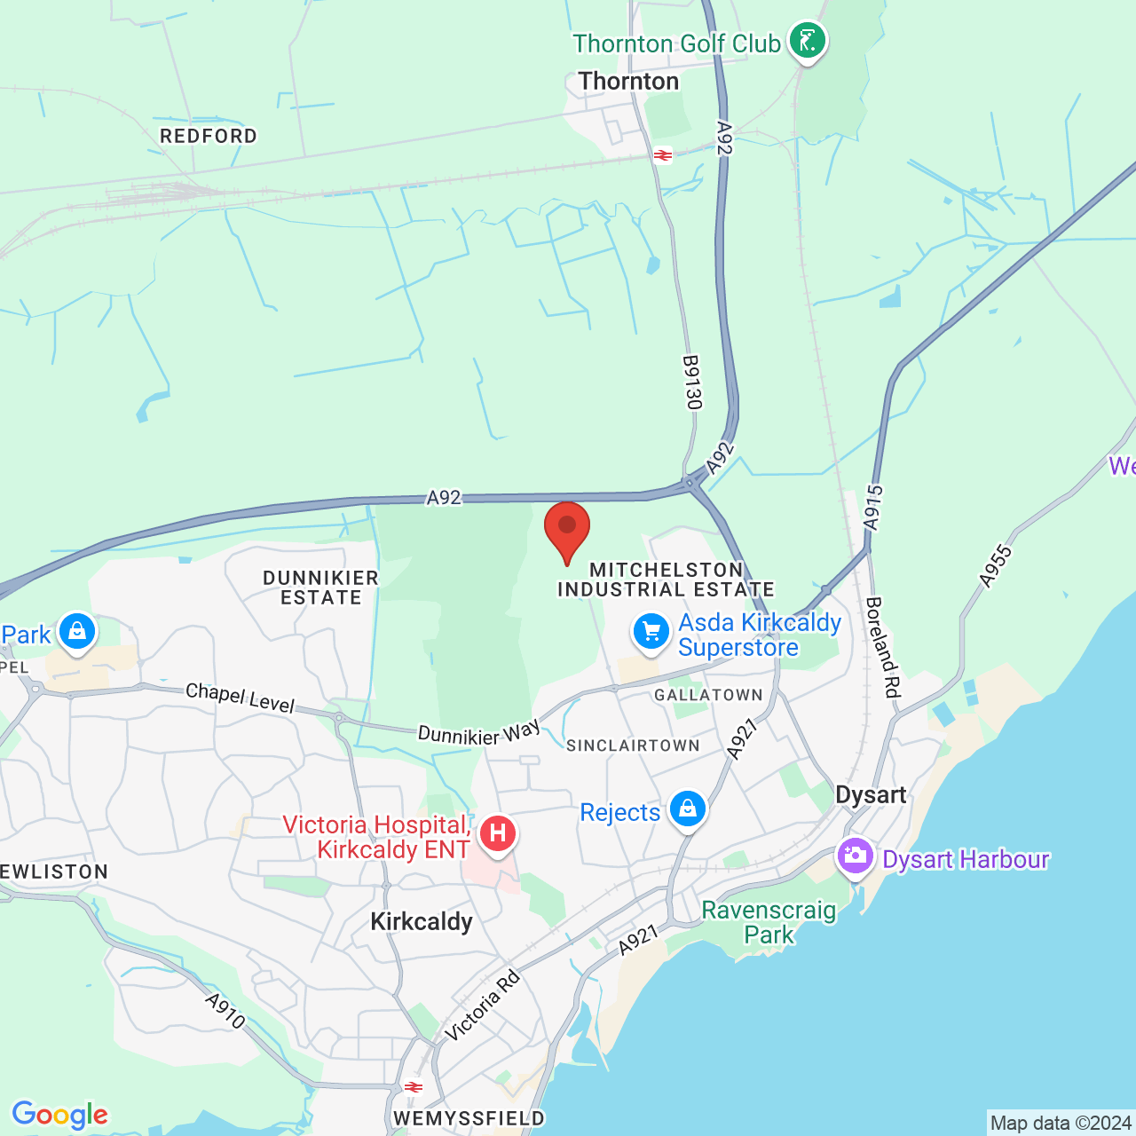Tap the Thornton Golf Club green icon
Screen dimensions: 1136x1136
[807, 41]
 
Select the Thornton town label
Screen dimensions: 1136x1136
[628, 81]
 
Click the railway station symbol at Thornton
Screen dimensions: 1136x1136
[662, 155]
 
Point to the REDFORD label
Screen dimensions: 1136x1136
[209, 136]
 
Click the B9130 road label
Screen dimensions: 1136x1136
[692, 383]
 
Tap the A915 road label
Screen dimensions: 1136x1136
[874, 508]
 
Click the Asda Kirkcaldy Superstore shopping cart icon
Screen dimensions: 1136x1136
[651, 633]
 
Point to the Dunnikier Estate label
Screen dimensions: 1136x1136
[320, 588]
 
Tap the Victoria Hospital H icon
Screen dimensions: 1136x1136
[498, 833]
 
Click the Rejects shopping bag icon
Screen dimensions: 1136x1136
[688, 809]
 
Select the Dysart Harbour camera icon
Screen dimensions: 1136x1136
[856, 856]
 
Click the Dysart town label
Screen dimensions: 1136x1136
[871, 794]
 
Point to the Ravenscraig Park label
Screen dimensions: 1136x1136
[769, 922]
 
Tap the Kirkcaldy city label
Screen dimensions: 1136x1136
[422, 921]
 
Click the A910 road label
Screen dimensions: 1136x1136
[225, 1011]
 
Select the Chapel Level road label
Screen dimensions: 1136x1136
[240, 698]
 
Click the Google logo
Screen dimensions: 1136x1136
[60, 1115]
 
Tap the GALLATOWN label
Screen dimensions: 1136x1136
[708, 695]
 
